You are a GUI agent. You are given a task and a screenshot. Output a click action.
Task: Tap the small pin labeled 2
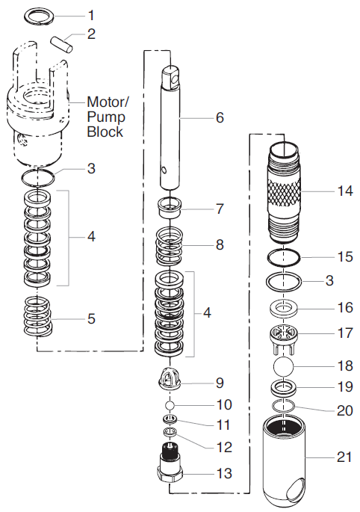click(62, 41)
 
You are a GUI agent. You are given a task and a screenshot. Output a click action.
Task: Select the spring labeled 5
click(37, 318)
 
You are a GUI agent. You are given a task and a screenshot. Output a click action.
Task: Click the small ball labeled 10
click(171, 405)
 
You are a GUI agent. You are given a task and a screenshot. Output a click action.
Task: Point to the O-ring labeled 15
click(285, 257)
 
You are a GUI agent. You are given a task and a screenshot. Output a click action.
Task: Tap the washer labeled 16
click(285, 307)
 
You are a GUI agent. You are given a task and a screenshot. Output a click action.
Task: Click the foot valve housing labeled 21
click(285, 460)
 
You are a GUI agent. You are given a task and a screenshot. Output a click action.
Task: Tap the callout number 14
click(343, 191)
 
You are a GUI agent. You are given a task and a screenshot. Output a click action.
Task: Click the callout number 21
click(344, 456)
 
